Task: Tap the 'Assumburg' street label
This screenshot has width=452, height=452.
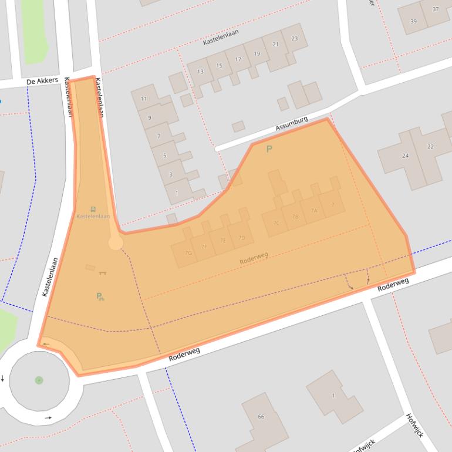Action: coord(292,124)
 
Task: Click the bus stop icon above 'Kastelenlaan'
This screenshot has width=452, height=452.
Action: coord(93,209)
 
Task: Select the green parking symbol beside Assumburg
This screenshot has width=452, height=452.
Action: coord(269,149)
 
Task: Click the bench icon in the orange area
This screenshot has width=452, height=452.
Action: coord(103,272)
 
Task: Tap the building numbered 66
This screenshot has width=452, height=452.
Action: coord(261,417)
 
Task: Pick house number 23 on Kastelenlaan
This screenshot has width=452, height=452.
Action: coord(294,39)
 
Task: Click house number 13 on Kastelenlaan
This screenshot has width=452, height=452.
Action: coord(200,72)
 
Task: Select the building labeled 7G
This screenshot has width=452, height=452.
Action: coord(188,253)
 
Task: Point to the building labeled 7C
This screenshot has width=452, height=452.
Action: coord(276,222)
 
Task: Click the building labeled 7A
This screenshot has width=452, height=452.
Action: coord(314,211)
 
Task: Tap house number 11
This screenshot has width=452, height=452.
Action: coord(144,99)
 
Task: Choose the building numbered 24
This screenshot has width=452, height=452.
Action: coord(405,156)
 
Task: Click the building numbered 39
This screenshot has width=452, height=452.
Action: coord(413,21)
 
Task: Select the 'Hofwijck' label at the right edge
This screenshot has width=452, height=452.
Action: coord(414,425)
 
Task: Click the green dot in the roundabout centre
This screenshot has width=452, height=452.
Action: coord(39,380)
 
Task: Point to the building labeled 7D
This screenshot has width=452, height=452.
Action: coord(241,238)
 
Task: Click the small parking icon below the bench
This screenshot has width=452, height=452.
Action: coord(100,296)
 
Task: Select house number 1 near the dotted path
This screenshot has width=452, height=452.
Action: coord(177,193)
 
